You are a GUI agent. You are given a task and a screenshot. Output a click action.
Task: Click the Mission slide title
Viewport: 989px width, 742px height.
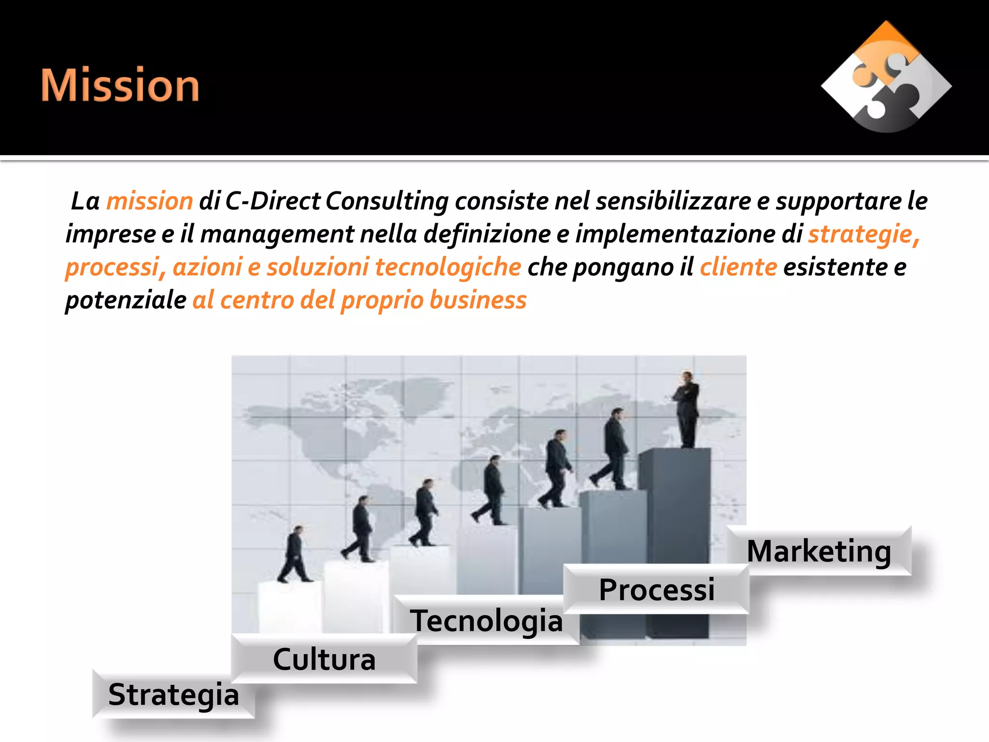[120, 86]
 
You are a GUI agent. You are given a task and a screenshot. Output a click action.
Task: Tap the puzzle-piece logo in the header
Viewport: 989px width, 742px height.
[886, 77]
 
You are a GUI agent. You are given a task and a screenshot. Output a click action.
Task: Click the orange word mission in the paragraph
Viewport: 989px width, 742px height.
[149, 201]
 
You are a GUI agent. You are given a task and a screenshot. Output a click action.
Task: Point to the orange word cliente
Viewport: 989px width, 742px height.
[738, 267]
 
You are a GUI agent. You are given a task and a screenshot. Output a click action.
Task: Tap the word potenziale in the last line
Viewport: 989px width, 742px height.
[126, 300]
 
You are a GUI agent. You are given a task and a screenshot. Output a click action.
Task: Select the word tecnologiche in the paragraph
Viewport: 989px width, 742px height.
[448, 267]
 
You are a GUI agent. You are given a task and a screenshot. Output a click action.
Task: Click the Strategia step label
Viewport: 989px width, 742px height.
[173, 695]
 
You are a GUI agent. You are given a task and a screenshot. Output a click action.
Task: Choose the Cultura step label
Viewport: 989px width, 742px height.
[324, 659]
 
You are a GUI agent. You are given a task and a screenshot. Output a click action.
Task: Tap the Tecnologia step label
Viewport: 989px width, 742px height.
[486, 621]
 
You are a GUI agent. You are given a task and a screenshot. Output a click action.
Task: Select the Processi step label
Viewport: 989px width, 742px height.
[656, 590]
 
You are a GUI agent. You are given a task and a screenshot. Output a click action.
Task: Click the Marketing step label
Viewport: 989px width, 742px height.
[819, 551]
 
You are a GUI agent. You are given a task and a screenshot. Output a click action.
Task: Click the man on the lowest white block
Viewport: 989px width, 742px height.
[295, 555]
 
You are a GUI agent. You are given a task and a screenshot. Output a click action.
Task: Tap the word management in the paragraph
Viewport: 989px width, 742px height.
[277, 234]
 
